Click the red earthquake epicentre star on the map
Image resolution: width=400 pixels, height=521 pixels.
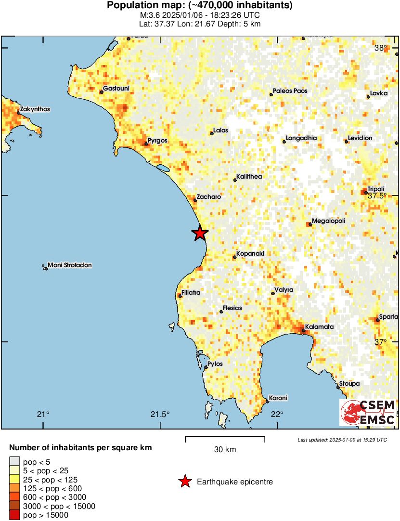point(200,233)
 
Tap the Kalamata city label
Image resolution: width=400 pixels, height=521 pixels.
point(319,326)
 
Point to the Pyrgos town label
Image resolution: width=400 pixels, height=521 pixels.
point(157,141)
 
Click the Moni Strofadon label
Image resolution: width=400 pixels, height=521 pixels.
point(69,265)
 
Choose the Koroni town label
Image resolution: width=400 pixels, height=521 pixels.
point(278,398)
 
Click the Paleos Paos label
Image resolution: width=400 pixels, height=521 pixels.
point(290,91)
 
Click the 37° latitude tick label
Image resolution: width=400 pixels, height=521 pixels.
point(381,342)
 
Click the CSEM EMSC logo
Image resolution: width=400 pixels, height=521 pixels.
point(368,413)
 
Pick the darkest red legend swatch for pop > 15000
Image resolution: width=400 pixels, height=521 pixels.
point(15,515)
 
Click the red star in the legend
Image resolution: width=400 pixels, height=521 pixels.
point(184,482)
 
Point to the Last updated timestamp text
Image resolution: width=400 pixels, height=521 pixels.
point(342,440)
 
